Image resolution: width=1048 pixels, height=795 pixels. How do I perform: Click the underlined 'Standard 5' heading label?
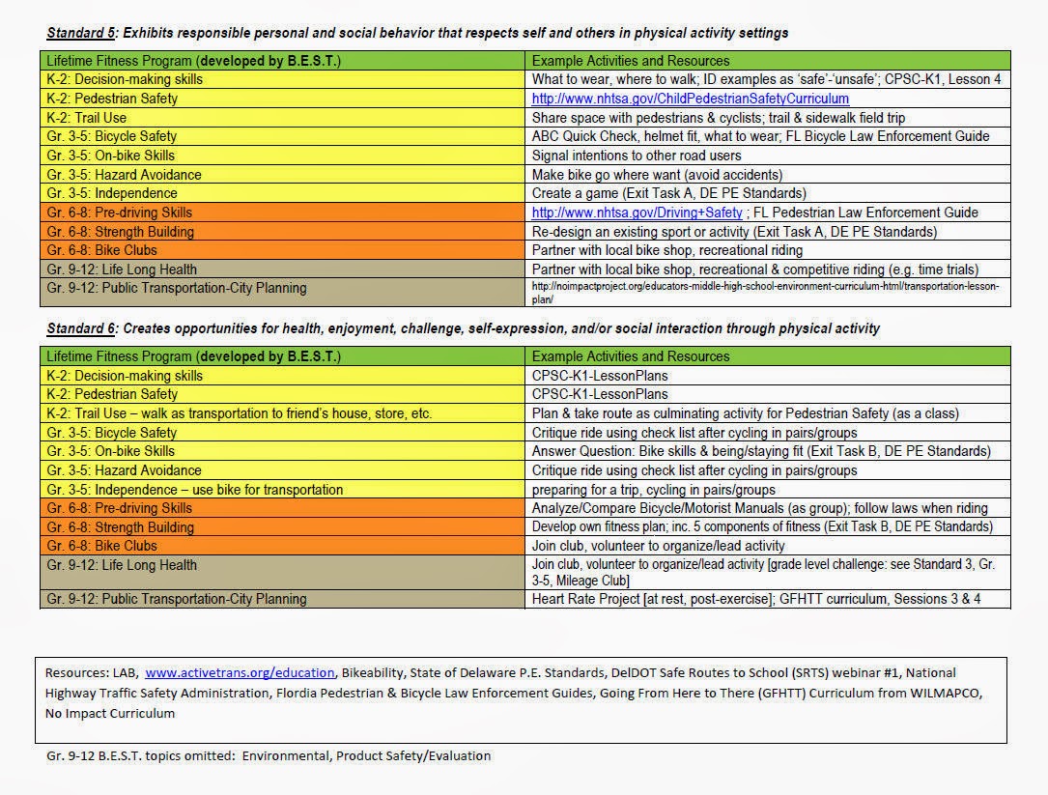[x=80, y=33]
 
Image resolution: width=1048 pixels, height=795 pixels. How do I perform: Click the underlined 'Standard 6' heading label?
[x=80, y=328]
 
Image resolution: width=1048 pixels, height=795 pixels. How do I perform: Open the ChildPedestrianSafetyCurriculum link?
[x=691, y=99]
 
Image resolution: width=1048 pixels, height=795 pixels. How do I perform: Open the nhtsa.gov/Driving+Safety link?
[x=637, y=213]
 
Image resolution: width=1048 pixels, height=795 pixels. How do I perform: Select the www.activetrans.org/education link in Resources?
[x=240, y=672]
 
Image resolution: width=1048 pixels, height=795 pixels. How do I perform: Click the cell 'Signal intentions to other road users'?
[x=637, y=156]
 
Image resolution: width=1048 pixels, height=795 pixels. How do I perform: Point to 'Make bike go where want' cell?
[x=657, y=175]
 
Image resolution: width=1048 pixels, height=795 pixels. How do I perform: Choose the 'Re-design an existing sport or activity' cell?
[x=734, y=232]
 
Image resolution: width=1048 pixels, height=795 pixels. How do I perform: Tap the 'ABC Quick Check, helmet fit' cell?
[x=760, y=136]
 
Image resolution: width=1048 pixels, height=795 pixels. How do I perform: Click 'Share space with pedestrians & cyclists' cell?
[x=725, y=118]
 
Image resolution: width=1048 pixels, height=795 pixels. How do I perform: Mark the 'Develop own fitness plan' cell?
[x=761, y=527]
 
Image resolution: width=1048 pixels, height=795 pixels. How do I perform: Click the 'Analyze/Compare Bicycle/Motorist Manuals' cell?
[x=759, y=508]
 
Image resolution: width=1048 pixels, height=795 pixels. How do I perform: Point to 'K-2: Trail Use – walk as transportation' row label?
[x=239, y=413]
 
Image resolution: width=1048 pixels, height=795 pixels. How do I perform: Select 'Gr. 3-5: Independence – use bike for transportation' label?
[x=194, y=490]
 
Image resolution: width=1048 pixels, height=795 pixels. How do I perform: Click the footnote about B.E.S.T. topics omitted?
[x=268, y=755]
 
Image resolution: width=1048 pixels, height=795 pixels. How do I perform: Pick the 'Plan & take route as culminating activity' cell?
[x=745, y=413]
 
